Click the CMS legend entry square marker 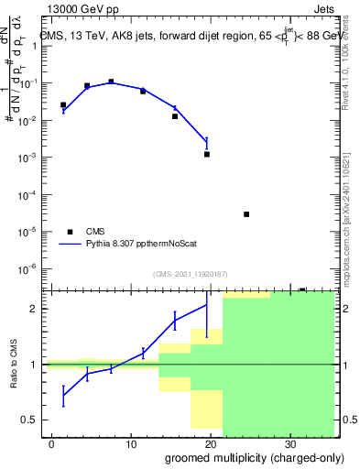pos(70,232)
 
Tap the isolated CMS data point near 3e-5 pos(246,214)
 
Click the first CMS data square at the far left pos(63,105)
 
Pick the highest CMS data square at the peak pos(111,82)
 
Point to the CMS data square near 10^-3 pos(207,154)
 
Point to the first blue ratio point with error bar pos(63,396)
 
